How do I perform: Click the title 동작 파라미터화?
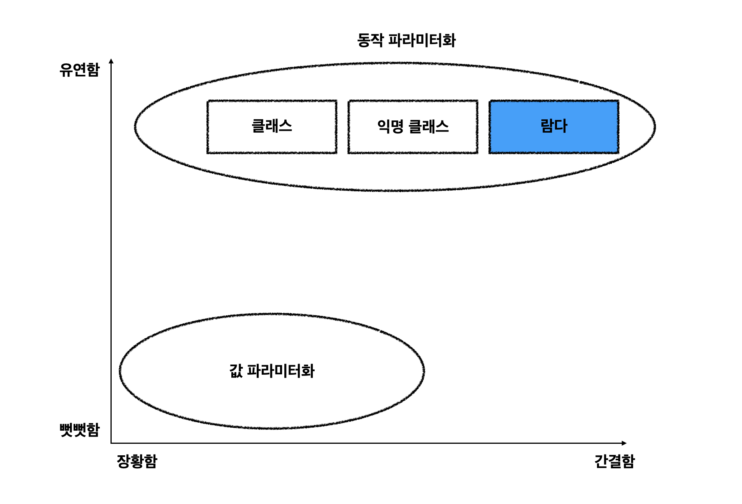tap(406, 40)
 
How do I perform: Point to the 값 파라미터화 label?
tap(272, 371)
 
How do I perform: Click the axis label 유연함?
tap(79, 70)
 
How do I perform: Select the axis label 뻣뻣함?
tap(79, 430)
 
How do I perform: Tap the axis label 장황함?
tap(137, 461)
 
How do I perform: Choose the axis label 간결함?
tap(614, 461)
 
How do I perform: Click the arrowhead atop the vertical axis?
tap(111, 61)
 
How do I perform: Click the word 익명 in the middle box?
tap(390, 126)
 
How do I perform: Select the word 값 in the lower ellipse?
tap(236, 371)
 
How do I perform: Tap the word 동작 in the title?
tap(370, 40)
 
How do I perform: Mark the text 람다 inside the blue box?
tap(554, 126)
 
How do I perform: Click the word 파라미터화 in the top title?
tap(422, 40)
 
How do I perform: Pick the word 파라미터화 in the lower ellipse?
tap(280, 371)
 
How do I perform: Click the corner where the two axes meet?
tap(111, 443)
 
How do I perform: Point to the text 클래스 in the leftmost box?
tap(272, 126)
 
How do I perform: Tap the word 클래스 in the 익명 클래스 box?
tap(429, 126)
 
